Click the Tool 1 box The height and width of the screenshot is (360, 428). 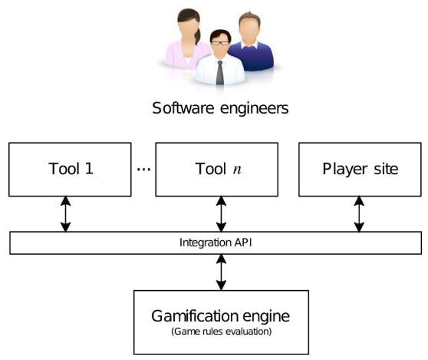pos(69,169)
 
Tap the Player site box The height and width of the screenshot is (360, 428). pos(360,169)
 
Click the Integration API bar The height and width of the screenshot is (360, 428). pos(216,243)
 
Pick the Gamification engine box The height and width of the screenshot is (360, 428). pos(222,321)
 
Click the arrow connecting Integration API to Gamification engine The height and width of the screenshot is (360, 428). pos(222,272)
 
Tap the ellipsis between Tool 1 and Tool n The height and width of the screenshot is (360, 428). pos(143,169)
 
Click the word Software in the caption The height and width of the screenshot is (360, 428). pos(181,108)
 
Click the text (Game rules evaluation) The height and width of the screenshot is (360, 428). pos(222,333)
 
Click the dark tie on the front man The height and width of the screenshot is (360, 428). pos(219,73)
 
